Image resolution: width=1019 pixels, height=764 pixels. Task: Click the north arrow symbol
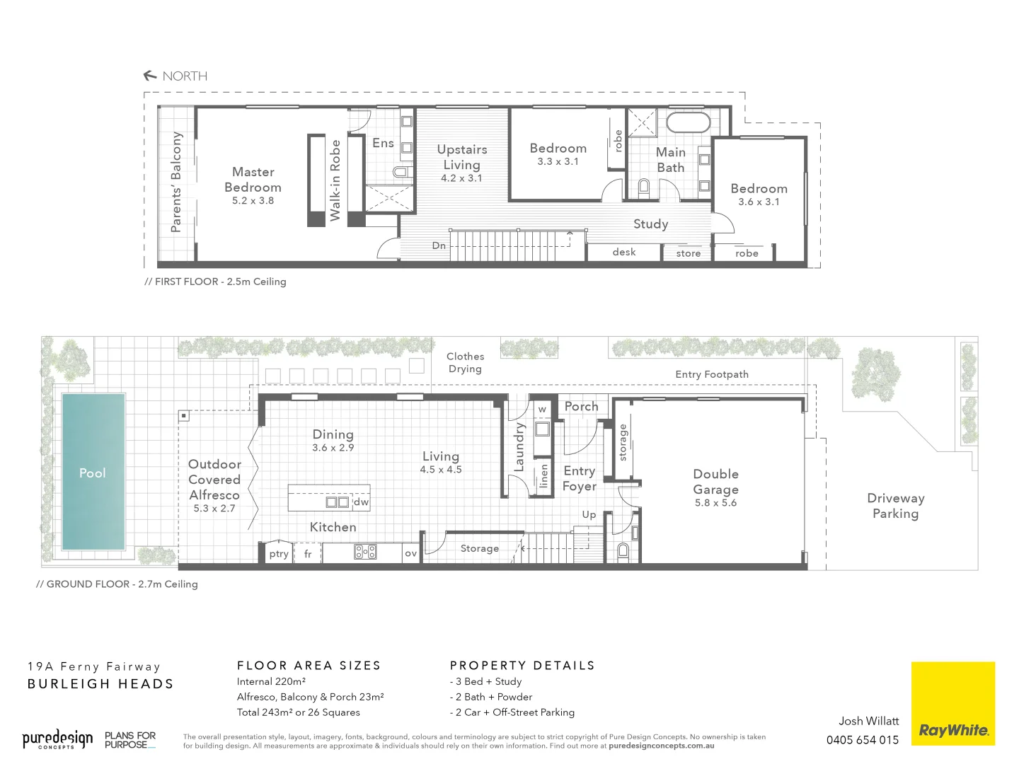[x=150, y=76]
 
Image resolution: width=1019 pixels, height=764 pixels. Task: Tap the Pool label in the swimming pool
[x=93, y=473]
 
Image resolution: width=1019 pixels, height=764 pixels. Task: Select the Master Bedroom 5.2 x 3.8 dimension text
[x=253, y=201]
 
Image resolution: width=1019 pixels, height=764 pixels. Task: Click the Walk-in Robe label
[x=335, y=180]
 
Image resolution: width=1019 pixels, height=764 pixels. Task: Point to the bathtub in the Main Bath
[x=688, y=122]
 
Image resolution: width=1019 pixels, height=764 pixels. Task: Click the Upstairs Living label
[x=462, y=157]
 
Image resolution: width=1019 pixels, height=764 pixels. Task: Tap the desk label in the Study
[x=624, y=253]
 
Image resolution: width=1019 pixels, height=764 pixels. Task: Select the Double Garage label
[x=715, y=482]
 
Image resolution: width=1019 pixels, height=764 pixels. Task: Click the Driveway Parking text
[x=895, y=506]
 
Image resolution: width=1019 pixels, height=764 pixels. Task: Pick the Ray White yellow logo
[x=952, y=703]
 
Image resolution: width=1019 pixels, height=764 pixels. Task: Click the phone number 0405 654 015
[x=862, y=740]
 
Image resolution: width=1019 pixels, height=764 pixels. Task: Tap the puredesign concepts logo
[x=57, y=740]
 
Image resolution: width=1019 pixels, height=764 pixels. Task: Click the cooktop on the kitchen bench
[x=365, y=552]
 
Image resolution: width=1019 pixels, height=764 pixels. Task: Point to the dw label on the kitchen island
[x=361, y=502]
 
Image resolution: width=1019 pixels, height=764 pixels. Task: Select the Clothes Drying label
[x=465, y=363]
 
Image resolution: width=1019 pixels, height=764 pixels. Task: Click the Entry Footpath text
[x=711, y=374]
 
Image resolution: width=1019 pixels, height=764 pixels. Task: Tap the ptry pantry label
[x=279, y=554]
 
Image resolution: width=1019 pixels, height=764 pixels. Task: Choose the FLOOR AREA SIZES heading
[x=309, y=666]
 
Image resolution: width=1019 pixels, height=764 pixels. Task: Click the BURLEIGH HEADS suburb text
[x=100, y=684]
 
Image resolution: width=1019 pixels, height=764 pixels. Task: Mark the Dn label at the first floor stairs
[x=439, y=245]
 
